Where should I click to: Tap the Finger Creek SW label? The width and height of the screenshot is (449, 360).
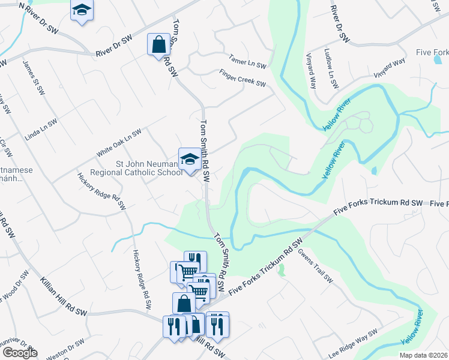coord(243,79)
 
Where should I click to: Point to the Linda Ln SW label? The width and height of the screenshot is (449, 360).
coord(41,130)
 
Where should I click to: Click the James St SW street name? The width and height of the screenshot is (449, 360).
coord(34,77)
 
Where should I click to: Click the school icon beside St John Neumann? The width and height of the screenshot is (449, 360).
coord(190,159)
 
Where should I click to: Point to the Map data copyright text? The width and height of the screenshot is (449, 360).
coord(423,355)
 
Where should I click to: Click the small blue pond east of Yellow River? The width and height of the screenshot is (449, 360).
coord(374,170)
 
